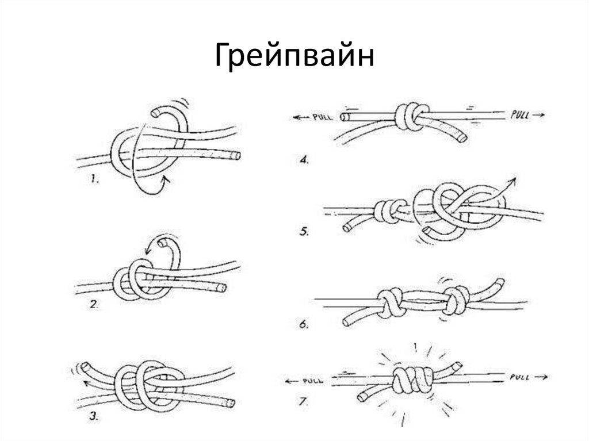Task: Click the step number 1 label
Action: (x=95, y=179)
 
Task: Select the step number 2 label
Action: (x=94, y=304)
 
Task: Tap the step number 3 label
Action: (x=94, y=416)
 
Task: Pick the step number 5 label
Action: (x=304, y=231)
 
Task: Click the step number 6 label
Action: (x=304, y=324)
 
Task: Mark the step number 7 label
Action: (x=304, y=402)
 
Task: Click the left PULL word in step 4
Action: (x=322, y=117)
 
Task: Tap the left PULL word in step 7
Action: (x=313, y=381)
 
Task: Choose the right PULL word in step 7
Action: (x=519, y=377)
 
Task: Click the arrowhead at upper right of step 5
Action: (x=511, y=182)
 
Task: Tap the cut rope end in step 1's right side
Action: (x=236, y=155)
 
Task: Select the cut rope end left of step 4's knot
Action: (x=345, y=117)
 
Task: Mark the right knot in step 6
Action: (x=456, y=301)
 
